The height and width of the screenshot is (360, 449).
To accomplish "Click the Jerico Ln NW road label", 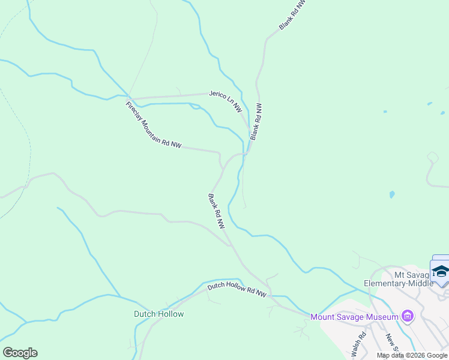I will click(x=225, y=101).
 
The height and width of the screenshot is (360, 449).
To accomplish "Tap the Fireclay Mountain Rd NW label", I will click(x=153, y=125).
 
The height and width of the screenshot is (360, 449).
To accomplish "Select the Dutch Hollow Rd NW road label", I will click(x=237, y=290).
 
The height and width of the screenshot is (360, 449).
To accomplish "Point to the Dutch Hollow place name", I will click(x=158, y=314).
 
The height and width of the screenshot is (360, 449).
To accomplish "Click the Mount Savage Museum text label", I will click(x=354, y=317).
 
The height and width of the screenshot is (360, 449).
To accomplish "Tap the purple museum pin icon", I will click(x=408, y=316).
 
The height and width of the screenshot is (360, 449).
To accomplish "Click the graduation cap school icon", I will click(x=441, y=272).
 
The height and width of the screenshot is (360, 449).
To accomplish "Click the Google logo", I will click(x=20, y=353).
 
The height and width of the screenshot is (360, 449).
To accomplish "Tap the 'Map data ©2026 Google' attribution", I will click(x=412, y=355).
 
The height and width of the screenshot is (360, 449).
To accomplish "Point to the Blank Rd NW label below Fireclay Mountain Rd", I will click(x=216, y=211).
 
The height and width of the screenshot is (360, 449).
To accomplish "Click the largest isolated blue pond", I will click(x=392, y=195).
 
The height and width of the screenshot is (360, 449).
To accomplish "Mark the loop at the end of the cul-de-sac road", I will click(x=431, y=157).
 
